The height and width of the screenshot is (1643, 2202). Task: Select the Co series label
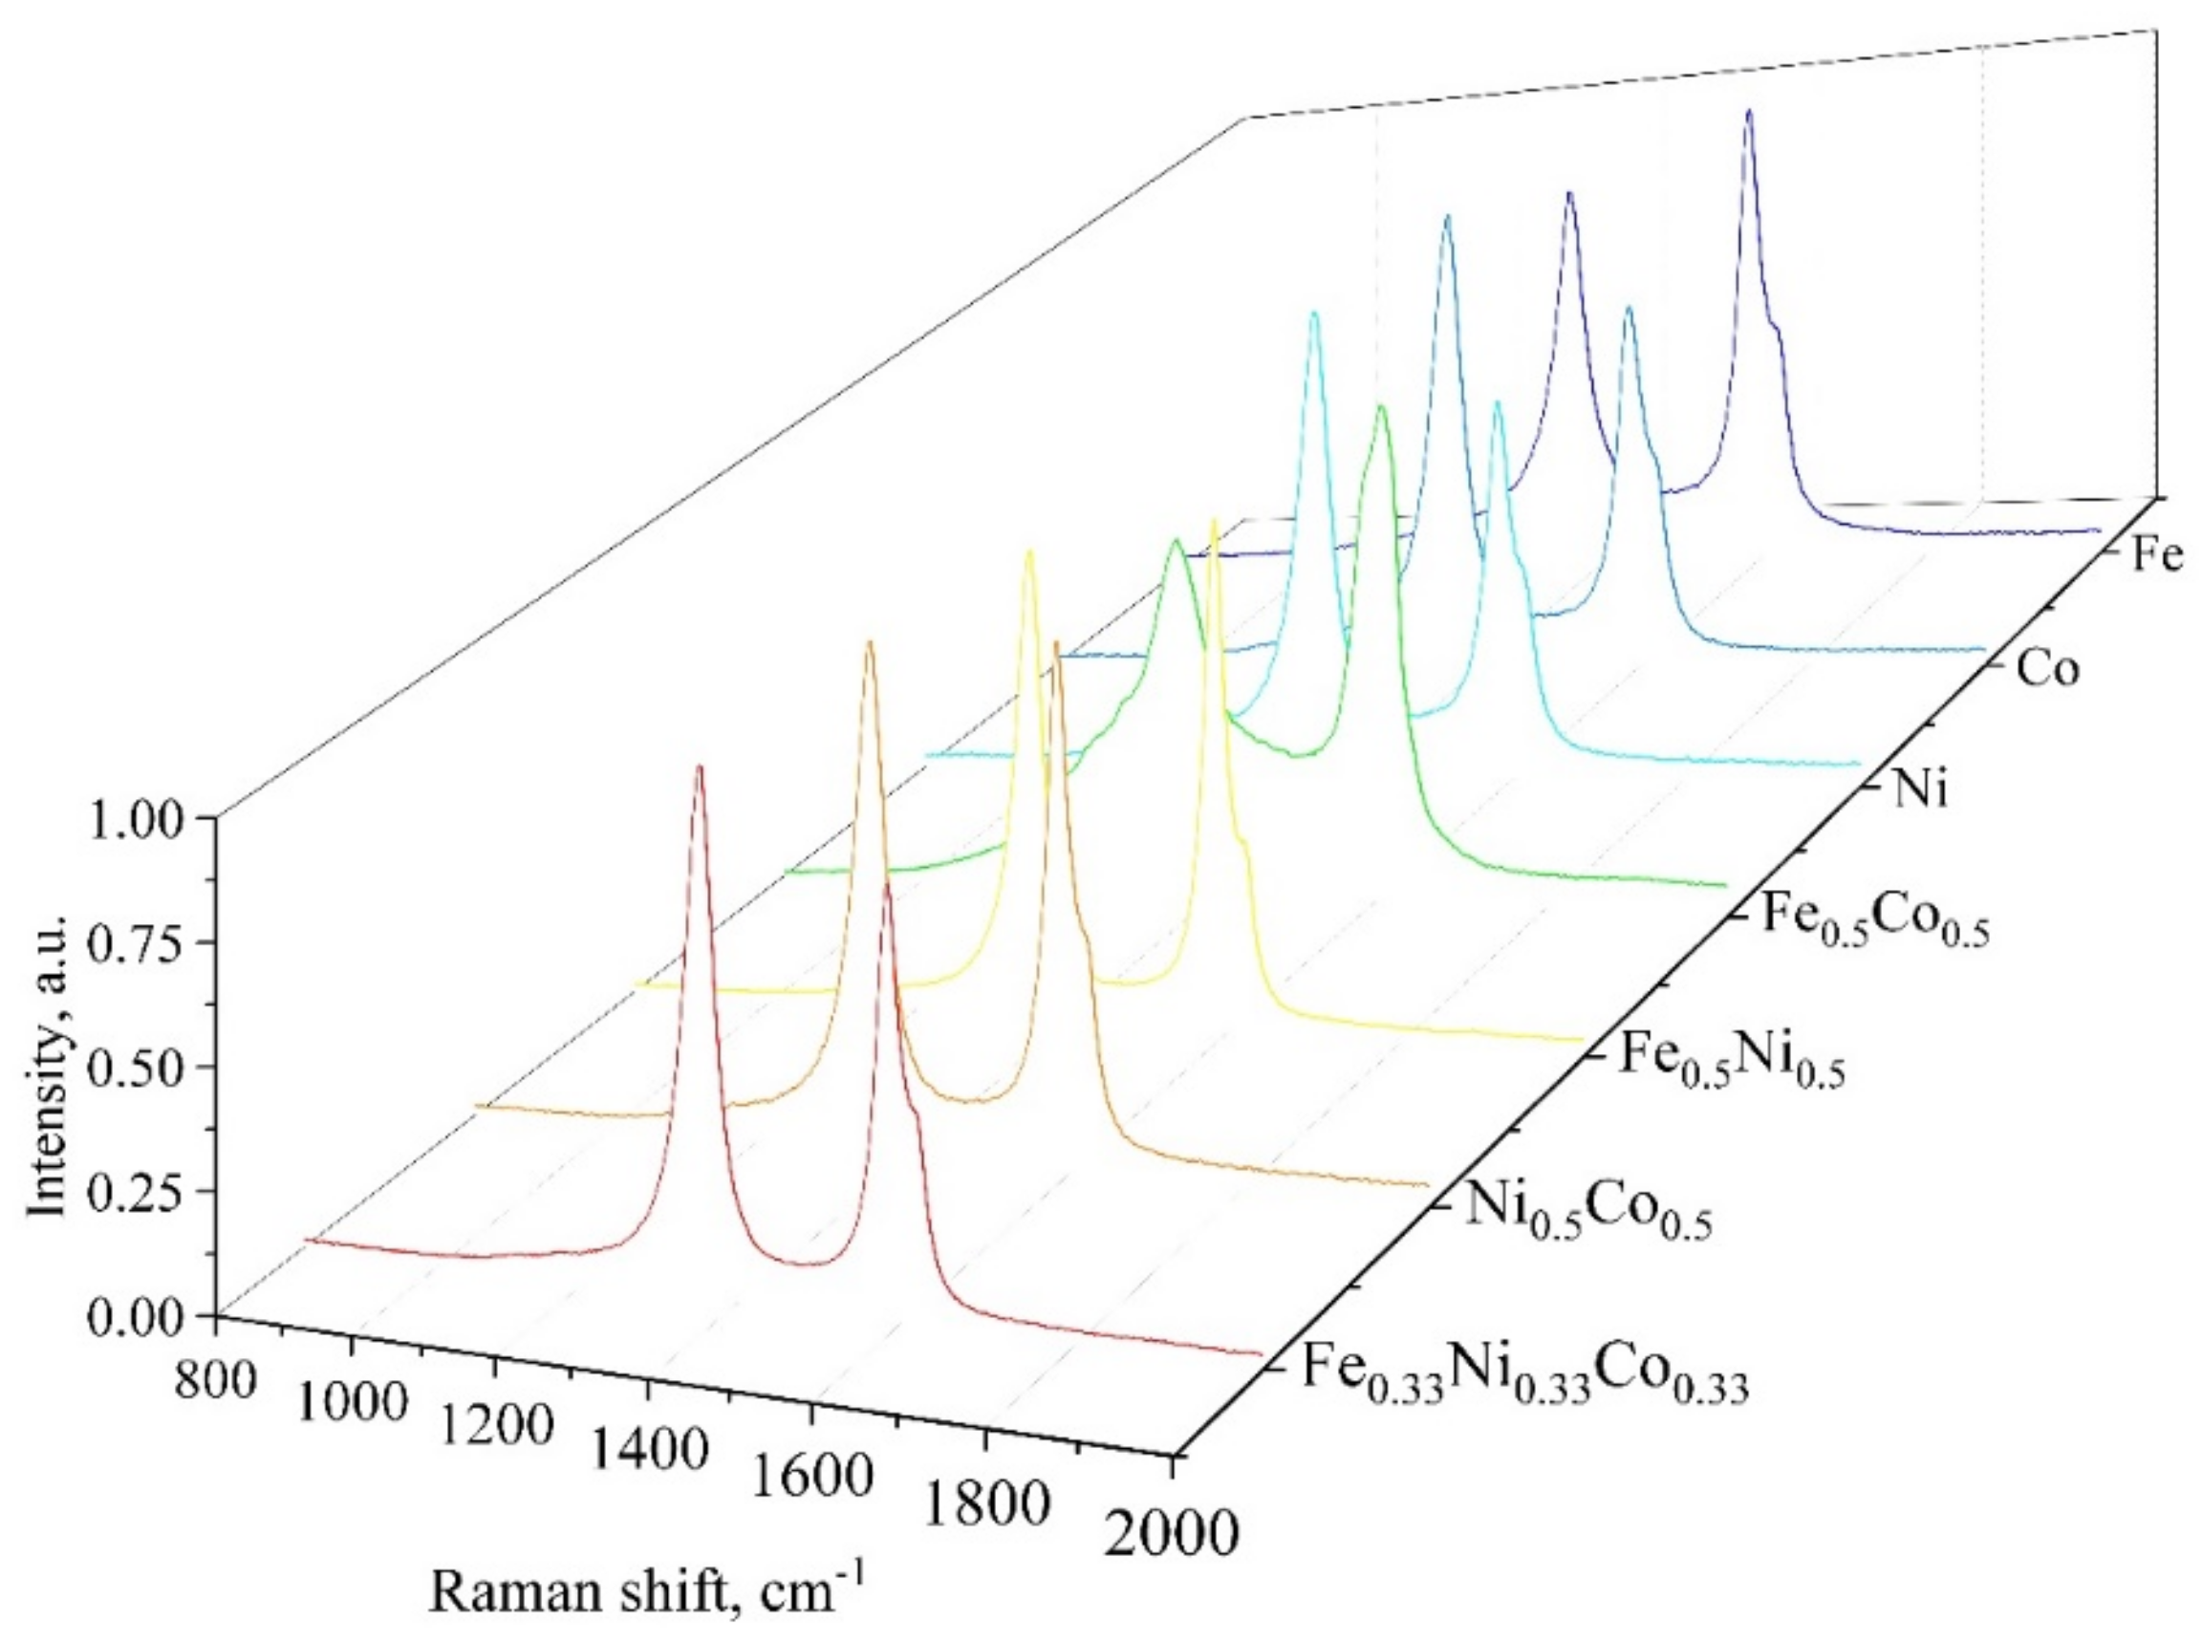click(x=2047, y=669)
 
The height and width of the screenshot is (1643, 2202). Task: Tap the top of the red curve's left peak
click(x=699, y=767)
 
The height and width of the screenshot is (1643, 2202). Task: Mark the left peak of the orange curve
click(x=870, y=642)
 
